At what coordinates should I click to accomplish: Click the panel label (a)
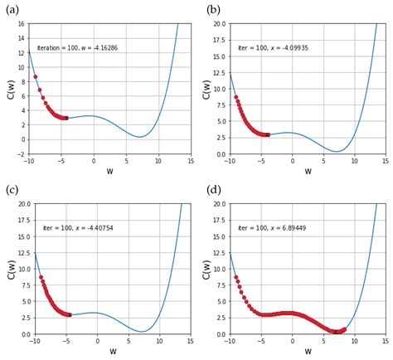coord(11,9)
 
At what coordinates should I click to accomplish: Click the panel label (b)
coord(213,9)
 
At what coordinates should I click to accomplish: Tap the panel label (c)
coord(11,190)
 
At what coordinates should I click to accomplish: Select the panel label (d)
coord(213,190)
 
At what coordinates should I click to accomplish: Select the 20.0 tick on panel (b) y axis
coord(218,23)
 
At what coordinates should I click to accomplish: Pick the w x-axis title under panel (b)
coord(308,172)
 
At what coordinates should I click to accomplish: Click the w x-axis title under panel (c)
coord(113,352)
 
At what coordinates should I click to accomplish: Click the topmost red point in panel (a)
coord(35,77)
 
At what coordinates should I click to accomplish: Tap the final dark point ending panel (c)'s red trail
coord(70,314)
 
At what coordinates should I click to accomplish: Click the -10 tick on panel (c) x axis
coord(34,341)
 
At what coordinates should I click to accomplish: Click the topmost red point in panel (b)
coord(235,97)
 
